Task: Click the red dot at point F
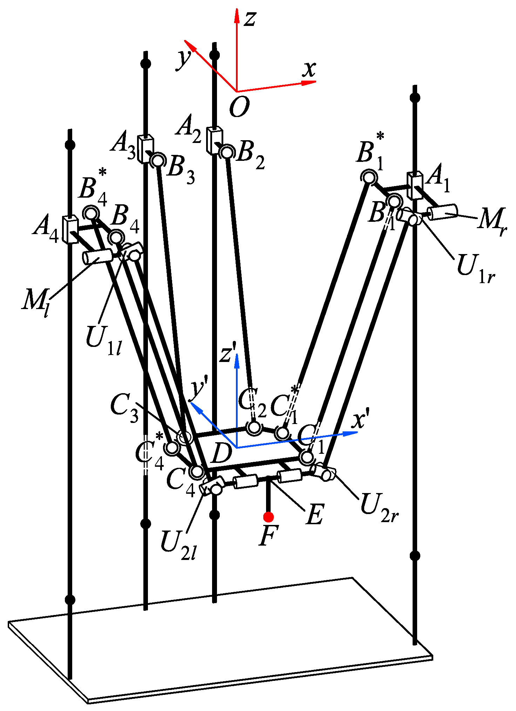[x=269, y=517]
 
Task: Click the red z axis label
[x=250, y=19]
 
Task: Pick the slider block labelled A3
[x=145, y=149]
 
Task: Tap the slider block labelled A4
[x=70, y=230]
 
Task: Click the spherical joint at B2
[x=227, y=152]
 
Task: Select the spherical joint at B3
[x=158, y=161]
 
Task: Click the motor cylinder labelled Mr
[x=443, y=213]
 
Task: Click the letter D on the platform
[x=222, y=453]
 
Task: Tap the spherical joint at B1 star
[x=369, y=177]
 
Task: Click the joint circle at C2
[x=254, y=428]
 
